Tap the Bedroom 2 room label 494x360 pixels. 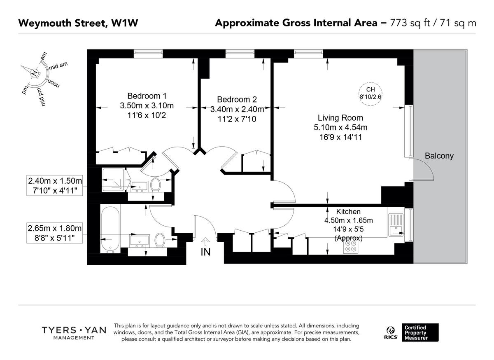coord(237,99)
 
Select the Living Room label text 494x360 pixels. coord(340,117)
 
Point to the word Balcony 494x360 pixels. coord(439,156)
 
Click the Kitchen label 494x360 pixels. coord(348,211)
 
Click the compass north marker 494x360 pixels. coord(34,73)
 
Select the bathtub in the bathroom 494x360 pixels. coord(110,229)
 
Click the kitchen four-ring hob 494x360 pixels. coord(351,246)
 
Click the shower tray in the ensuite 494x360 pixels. coord(112,180)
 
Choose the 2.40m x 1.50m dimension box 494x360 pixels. coord(55,185)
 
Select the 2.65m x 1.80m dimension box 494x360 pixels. coord(55,233)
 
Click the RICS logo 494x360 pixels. coord(390,332)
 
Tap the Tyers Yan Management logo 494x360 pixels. coord(74,333)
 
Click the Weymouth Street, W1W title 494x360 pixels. coord(78,23)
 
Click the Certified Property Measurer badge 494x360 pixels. coord(420,332)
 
